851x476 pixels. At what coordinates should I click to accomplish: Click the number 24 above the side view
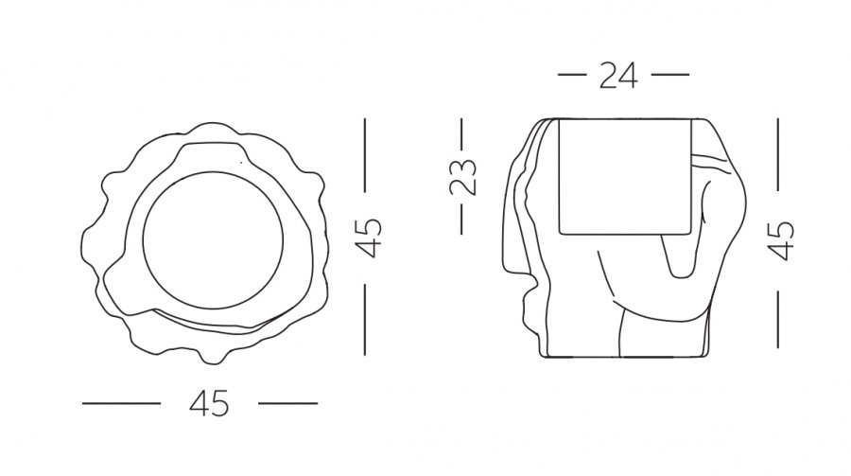618,76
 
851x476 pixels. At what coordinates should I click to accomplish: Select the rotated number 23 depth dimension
462,177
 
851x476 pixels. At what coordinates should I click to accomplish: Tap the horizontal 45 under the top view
209,404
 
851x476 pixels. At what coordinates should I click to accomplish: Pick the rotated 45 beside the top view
368,238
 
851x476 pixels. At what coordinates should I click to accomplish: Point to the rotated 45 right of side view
781,240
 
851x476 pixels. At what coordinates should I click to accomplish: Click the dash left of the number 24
572,75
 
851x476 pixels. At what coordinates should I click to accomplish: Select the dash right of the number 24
669,75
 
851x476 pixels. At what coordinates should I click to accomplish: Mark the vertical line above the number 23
461,134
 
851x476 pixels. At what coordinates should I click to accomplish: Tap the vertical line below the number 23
461,219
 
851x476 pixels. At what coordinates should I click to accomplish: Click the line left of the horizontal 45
122,403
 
